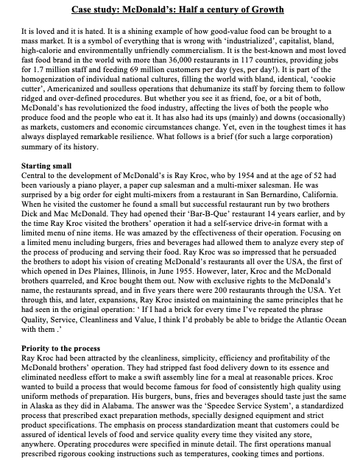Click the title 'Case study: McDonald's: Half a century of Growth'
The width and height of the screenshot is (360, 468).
tap(180, 10)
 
